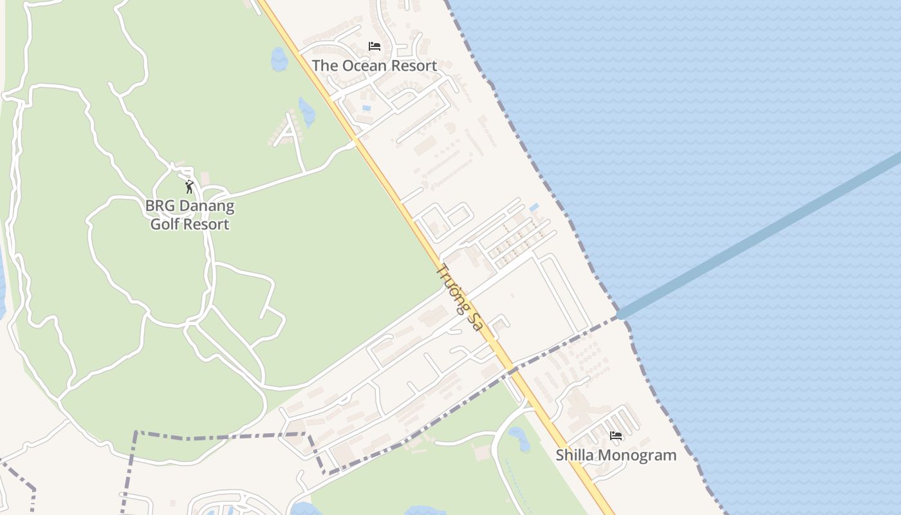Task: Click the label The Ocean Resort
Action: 374,66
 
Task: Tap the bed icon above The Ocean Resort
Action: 375,46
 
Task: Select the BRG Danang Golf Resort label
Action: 190,215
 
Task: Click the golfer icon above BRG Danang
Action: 189,187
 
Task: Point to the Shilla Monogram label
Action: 616,455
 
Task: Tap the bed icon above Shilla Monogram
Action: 616,436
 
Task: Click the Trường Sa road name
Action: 459,297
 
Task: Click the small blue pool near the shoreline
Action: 534,207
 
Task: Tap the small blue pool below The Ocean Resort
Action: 366,108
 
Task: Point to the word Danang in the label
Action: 205,207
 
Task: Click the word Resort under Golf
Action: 209,224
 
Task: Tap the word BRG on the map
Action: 159,207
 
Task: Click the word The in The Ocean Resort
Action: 324,66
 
